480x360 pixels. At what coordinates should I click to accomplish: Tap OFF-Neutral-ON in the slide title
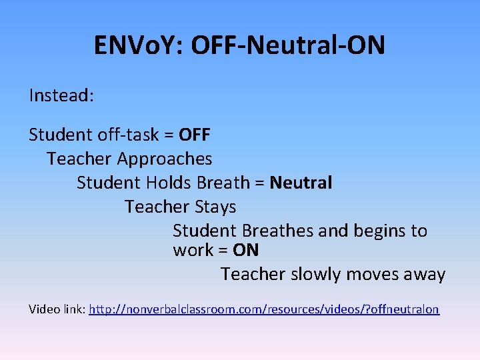[288, 46]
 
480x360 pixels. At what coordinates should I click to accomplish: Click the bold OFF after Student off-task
[195, 135]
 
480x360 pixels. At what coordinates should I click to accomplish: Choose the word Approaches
[165, 159]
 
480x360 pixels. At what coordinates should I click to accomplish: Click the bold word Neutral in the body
[301, 183]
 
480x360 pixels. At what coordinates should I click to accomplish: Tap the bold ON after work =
[246, 251]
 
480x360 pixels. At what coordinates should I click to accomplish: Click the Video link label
[57, 309]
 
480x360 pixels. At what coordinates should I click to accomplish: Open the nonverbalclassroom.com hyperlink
[264, 310]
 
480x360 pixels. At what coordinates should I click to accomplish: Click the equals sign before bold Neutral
[260, 183]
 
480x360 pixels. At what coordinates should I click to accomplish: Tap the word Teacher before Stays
[157, 207]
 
